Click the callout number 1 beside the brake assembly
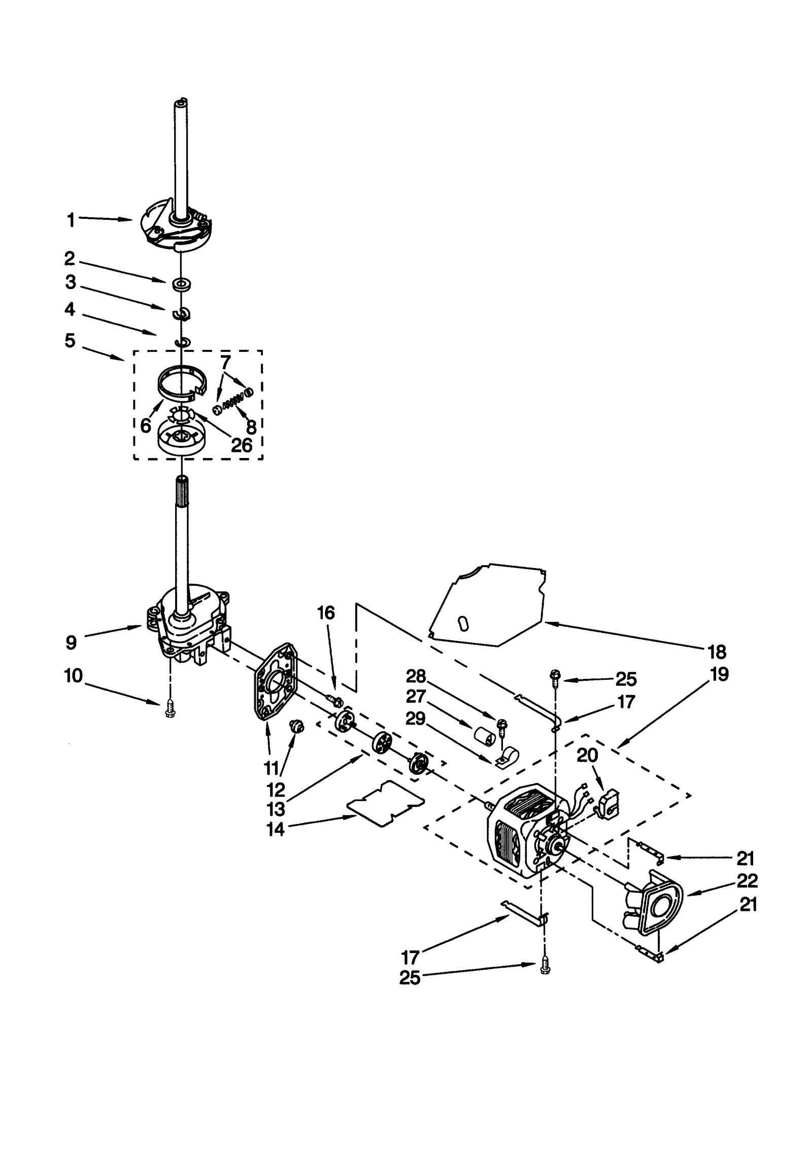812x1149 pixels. pos(71,220)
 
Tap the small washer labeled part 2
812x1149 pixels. pos(181,284)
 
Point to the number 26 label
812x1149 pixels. pos(242,445)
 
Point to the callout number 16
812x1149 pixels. pos(326,613)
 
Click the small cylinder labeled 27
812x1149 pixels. pos(485,736)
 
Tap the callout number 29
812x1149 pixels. pos(415,719)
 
